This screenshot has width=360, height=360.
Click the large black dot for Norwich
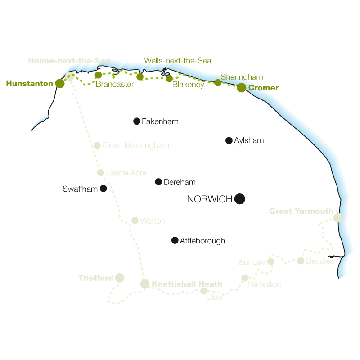[x=240, y=199]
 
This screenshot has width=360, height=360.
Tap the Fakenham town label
[x=160, y=121]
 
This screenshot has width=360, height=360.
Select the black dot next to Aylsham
[x=229, y=140]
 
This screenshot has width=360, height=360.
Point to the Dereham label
[x=180, y=182]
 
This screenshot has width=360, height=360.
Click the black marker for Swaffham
[x=103, y=189]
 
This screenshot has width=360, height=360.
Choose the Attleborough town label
[x=202, y=241]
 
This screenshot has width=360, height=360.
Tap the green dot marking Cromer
[x=242, y=88]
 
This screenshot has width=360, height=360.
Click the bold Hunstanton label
[x=30, y=83]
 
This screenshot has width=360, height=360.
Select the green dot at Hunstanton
[x=60, y=83]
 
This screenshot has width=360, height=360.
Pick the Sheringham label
[x=242, y=77]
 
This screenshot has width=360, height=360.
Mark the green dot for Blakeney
[x=169, y=78]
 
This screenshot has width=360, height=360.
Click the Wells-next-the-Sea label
[x=177, y=61]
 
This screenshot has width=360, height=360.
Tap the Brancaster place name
[x=115, y=84]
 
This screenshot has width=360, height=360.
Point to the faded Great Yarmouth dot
[x=338, y=218]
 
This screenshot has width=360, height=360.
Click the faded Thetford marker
[x=119, y=278]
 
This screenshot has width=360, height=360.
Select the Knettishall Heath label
[x=187, y=284]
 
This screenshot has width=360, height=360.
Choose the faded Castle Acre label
[x=126, y=173]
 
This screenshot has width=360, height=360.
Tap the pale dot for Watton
[x=135, y=220]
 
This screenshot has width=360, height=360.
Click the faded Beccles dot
[x=301, y=261]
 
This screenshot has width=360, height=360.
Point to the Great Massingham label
[x=136, y=145]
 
